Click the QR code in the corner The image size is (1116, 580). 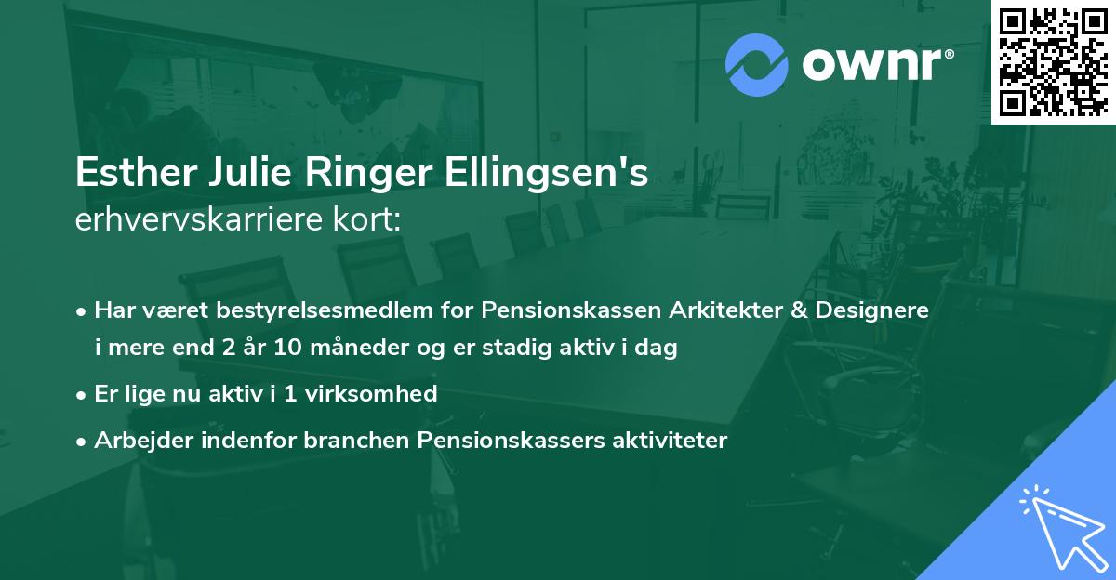coord(1052,62)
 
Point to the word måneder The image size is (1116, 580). coord(357,349)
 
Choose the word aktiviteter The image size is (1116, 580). coord(662,440)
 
